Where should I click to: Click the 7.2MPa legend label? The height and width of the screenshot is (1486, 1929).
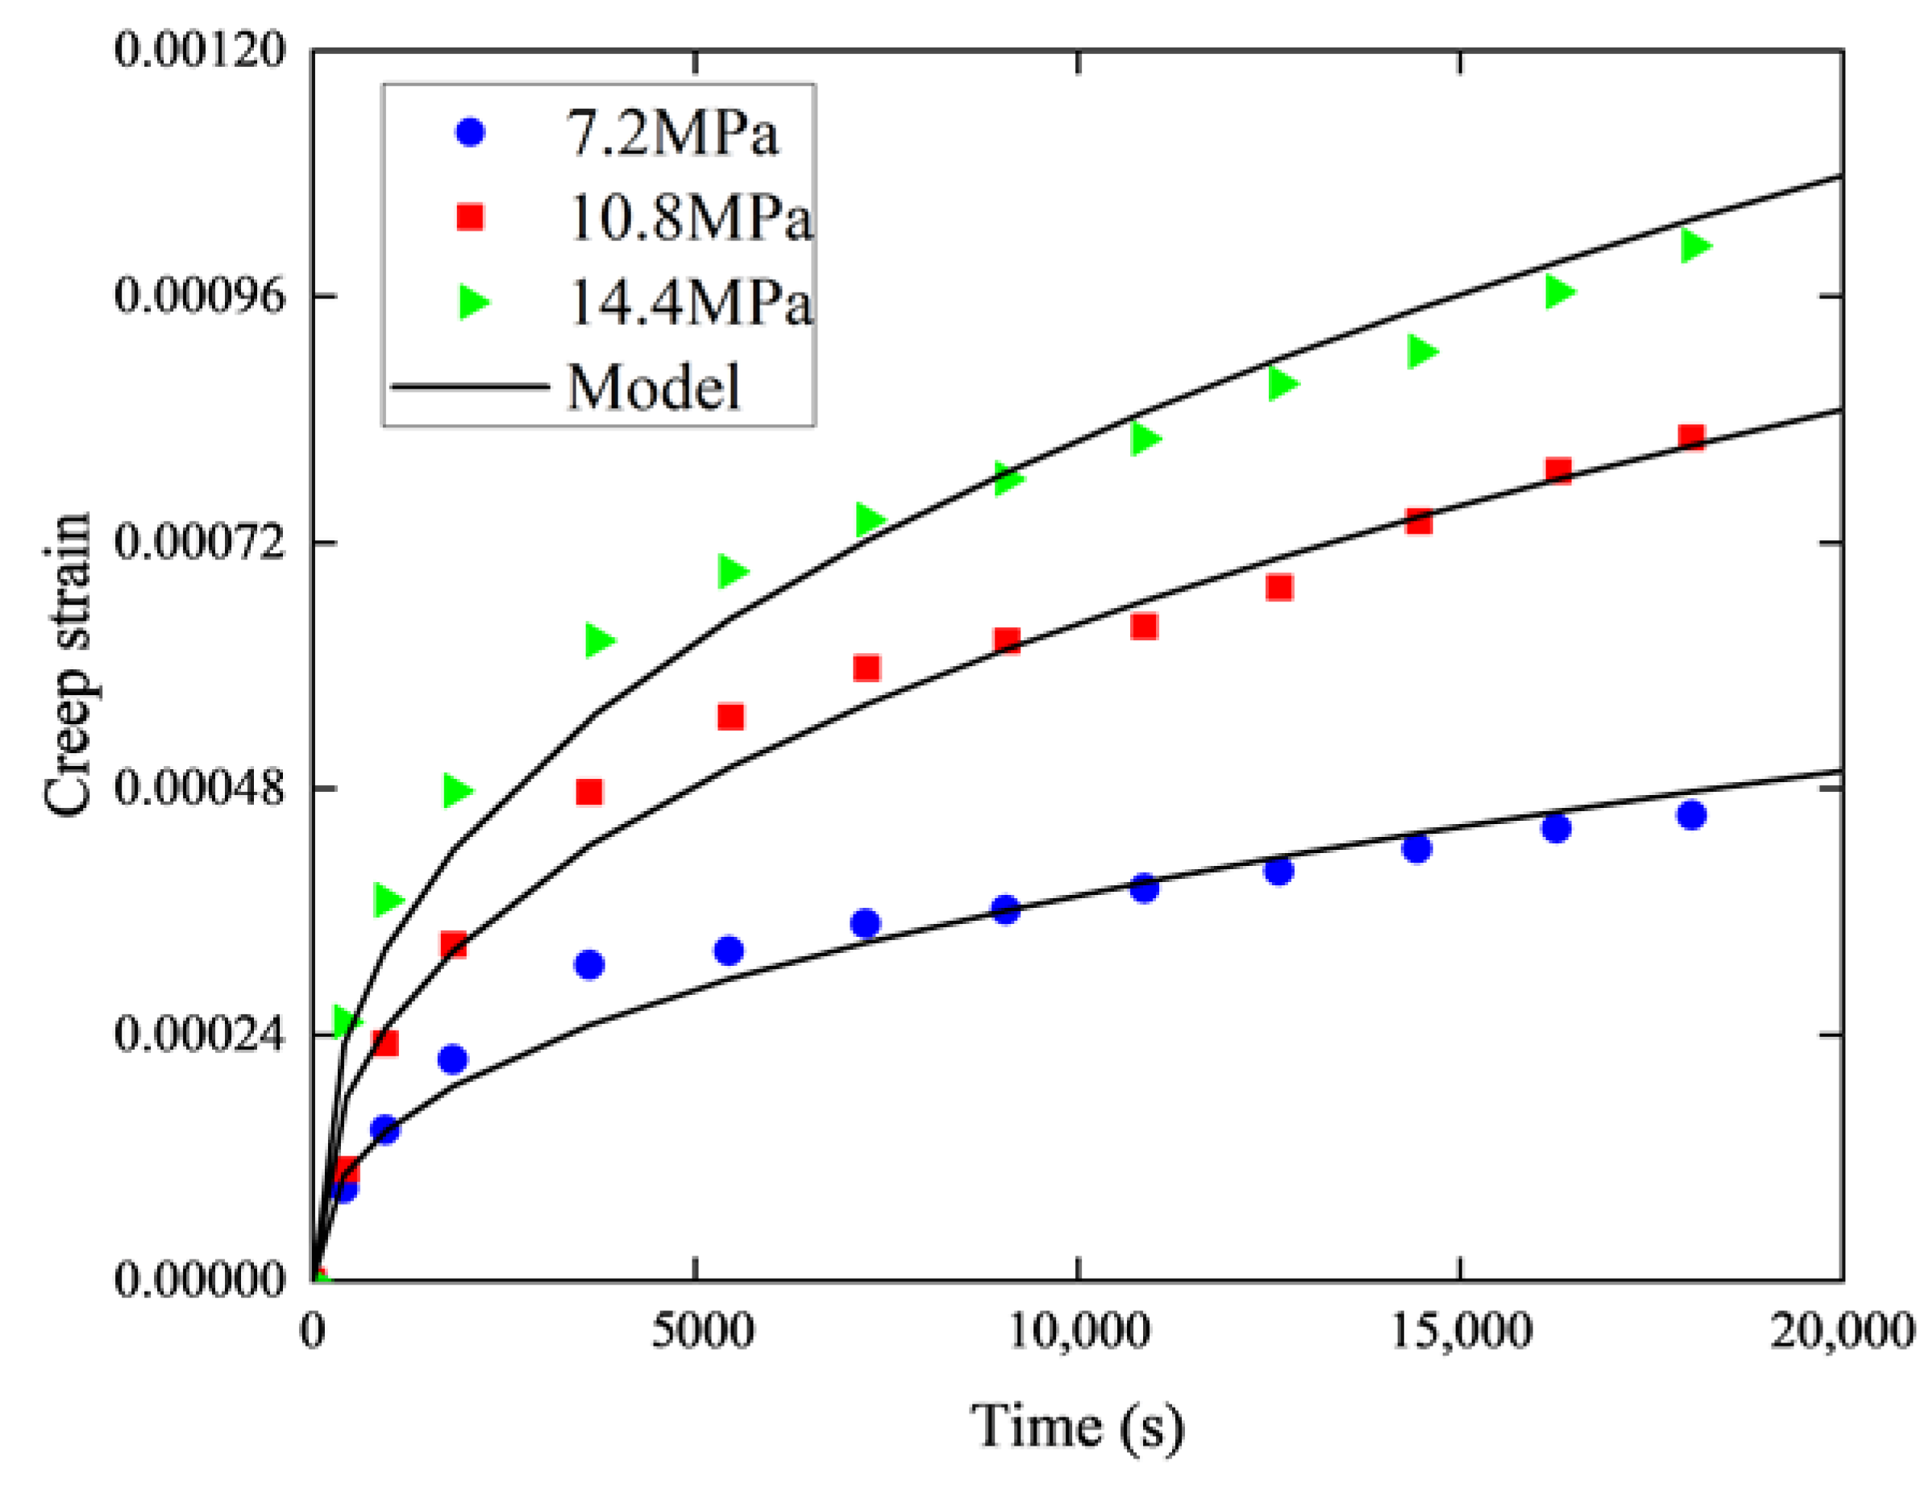(671, 135)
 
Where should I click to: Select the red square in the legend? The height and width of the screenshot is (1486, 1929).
(470, 216)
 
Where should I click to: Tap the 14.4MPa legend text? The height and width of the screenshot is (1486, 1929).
(689, 303)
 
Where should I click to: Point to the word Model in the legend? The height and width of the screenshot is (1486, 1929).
(653, 387)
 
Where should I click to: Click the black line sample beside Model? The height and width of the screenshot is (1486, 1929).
(470, 387)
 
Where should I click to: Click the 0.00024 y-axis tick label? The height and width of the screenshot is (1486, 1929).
(188, 1033)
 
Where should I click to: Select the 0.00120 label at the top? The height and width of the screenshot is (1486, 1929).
(188, 49)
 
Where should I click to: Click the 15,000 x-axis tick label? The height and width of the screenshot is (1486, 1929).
(1461, 1331)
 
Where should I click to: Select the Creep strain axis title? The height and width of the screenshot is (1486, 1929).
(67, 663)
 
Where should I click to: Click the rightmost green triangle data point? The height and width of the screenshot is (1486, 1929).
(1695, 245)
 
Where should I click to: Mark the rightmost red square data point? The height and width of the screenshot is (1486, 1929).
(1690, 437)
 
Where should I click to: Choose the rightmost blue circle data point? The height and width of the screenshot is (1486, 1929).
(1690, 814)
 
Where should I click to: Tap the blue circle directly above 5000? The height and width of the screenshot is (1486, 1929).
(729, 951)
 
